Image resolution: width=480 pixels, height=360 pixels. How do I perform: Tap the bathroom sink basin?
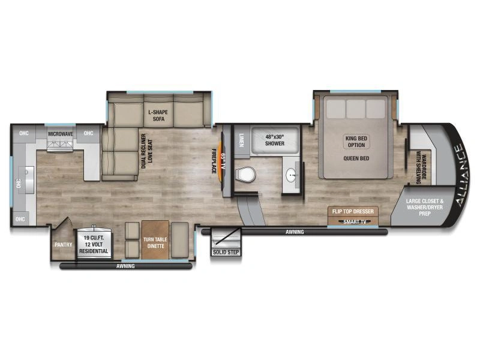[291, 175]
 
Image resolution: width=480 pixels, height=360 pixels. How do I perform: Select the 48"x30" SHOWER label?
[275, 140]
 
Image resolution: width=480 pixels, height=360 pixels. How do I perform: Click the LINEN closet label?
[242, 140]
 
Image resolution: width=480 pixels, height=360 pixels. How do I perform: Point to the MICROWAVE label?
[61, 134]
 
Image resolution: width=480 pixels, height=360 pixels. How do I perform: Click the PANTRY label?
[64, 245]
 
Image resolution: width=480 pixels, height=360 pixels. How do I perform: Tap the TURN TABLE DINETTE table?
[155, 239]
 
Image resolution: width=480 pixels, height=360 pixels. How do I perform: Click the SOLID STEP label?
[226, 252]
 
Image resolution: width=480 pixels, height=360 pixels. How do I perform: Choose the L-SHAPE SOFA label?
[158, 115]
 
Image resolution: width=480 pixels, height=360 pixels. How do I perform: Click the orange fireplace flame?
[220, 161]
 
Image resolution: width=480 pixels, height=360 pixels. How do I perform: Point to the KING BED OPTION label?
[356, 142]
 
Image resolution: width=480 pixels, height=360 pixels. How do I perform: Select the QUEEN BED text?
[356, 158]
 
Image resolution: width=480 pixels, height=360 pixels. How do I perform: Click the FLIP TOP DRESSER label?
[353, 211]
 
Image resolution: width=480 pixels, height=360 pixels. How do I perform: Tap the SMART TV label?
[355, 221]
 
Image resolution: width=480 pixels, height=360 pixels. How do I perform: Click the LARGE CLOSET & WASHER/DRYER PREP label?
[425, 207]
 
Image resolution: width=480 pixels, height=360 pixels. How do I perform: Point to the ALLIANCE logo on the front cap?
[462, 175]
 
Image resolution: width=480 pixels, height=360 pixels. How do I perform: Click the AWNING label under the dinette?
[125, 266]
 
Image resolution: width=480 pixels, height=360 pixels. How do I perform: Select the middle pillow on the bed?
[356, 109]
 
